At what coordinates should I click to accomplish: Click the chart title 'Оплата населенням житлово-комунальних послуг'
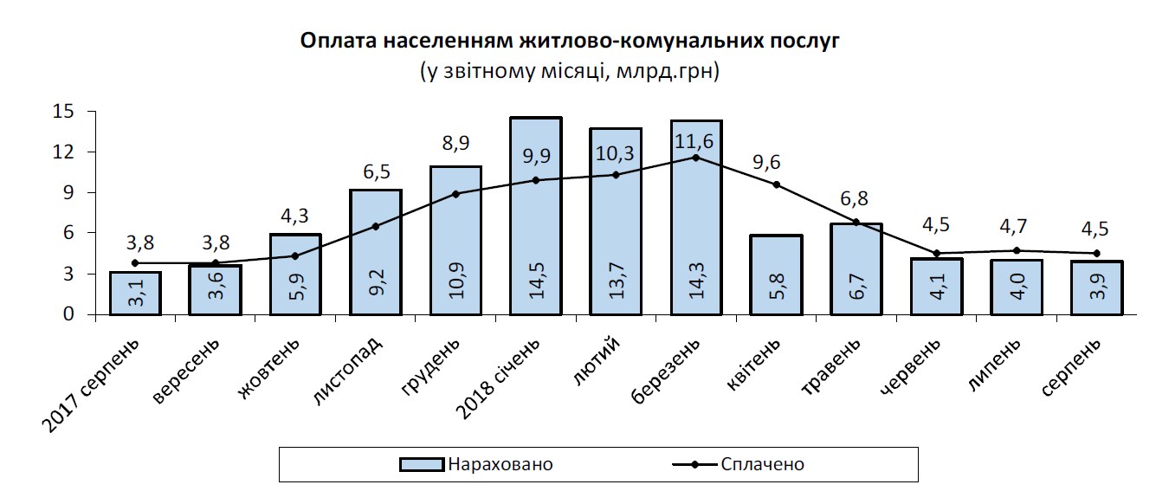[570, 41]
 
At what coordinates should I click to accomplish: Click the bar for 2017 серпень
[135, 294]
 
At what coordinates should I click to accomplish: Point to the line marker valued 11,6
[695, 158]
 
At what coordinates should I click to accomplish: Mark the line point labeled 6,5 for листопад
[376, 227]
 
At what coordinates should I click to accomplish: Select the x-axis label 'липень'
[993, 364]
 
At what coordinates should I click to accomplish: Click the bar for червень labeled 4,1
[937, 287]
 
